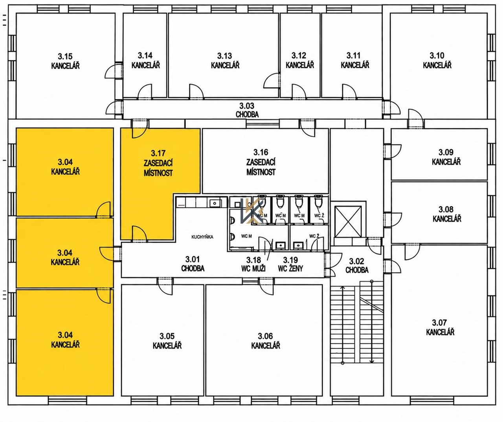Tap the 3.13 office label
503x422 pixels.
pos(225,60)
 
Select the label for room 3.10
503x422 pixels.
pos(437,60)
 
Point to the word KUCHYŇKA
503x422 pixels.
pos(202,237)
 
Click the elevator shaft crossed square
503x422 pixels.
pos(349,221)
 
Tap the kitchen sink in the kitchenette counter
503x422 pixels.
pos(214,204)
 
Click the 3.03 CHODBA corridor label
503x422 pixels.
pos(247,110)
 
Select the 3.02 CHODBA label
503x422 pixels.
pos(357,266)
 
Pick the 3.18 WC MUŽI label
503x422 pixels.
pos(253,264)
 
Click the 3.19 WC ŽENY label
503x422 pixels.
pos(290,264)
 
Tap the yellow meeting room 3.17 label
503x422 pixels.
pos(158,163)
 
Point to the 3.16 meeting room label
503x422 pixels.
pos(261,162)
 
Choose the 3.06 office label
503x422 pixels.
pos(266,341)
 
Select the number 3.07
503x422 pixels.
pos(439,322)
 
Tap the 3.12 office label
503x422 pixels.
pos(300,60)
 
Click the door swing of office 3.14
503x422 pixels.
pos(145,91)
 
